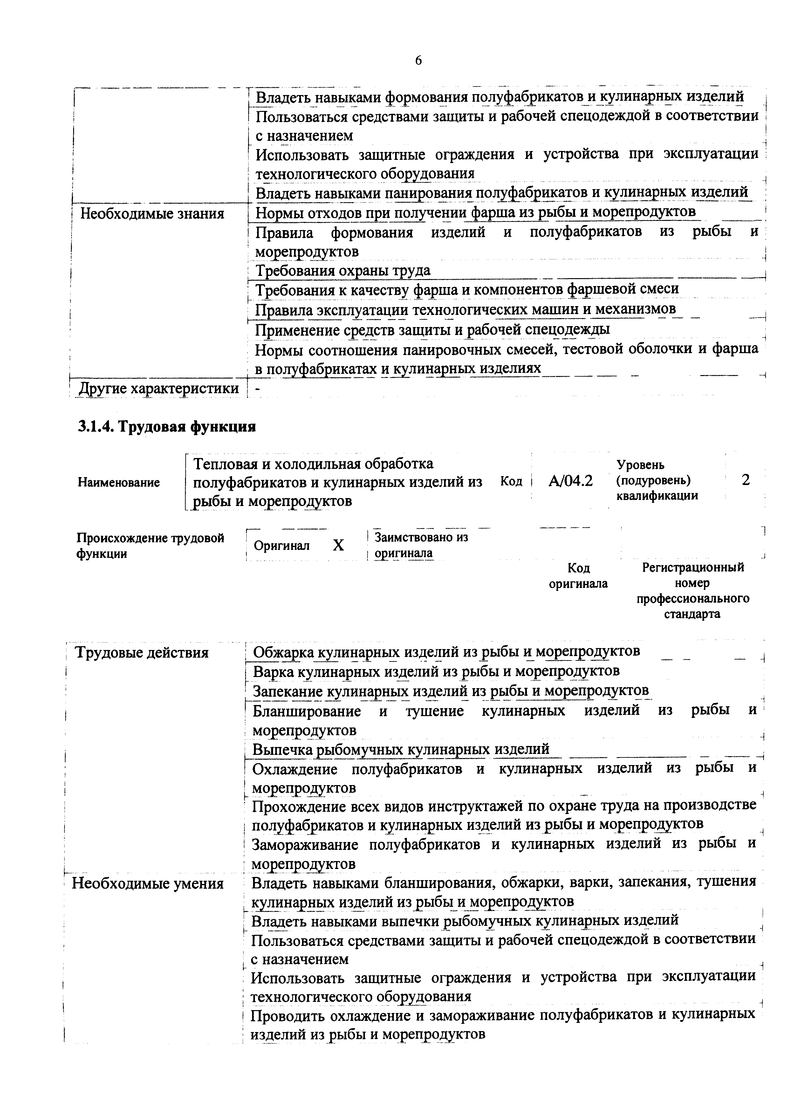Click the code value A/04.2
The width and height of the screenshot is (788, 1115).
point(571,481)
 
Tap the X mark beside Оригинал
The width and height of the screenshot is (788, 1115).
point(339,545)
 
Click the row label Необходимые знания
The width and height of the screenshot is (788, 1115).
point(152,214)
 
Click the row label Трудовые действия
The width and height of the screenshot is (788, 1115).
point(141,652)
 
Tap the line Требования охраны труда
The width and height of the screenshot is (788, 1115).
point(343,270)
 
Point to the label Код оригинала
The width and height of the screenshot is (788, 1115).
point(578,576)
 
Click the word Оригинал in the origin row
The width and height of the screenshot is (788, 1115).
point(282,546)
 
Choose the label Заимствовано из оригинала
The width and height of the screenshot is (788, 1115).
point(421,545)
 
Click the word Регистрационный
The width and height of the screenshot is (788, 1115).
point(693,567)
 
